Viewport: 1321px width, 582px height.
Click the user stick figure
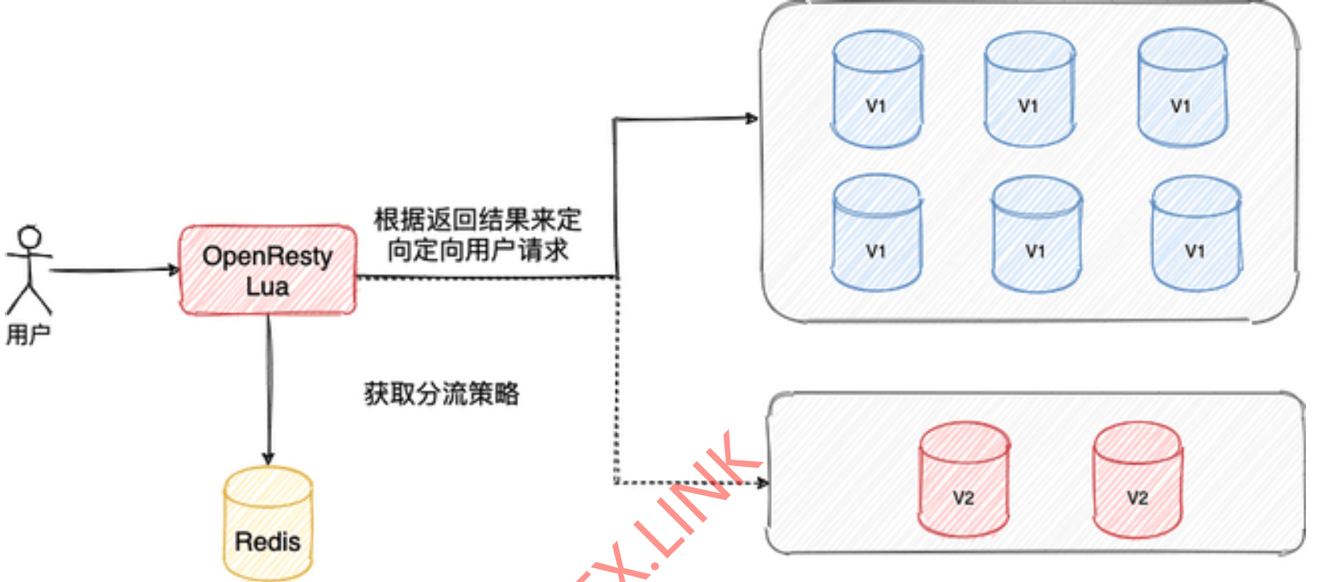(x=29, y=270)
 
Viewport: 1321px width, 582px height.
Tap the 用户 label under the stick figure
(x=29, y=335)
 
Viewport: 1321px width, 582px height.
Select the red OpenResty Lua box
(x=267, y=270)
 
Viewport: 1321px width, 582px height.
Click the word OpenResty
(x=267, y=256)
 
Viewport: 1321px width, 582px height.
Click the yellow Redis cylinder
(x=268, y=524)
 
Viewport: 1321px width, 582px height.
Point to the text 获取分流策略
(x=442, y=394)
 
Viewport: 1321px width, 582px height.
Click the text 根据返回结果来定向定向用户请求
(x=477, y=235)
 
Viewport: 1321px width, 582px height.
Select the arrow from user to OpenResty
(x=111, y=270)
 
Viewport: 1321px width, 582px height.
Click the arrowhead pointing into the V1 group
(x=750, y=118)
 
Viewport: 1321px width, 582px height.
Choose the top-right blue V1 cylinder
(x=1182, y=88)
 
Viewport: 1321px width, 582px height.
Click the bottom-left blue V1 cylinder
(x=877, y=234)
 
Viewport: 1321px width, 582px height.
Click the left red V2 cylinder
(x=964, y=480)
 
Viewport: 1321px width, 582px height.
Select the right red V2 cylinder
(x=1137, y=480)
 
